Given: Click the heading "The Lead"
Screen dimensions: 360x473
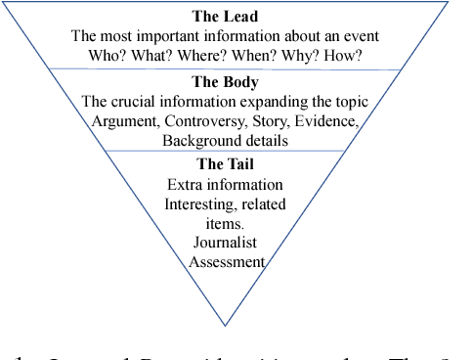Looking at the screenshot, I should (x=225, y=17).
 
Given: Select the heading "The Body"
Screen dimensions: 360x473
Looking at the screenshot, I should (x=225, y=83).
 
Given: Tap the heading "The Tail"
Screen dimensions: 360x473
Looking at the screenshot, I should (x=225, y=164).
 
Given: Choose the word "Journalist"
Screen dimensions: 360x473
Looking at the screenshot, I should (x=225, y=243).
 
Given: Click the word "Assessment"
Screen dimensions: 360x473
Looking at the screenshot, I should (x=226, y=261).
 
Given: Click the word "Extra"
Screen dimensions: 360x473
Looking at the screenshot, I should (x=186, y=184).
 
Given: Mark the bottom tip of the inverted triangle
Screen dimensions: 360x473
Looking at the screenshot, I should (x=225, y=325).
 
